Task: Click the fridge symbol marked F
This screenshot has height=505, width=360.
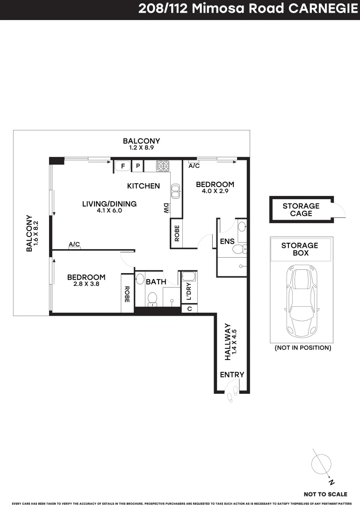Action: [x=123, y=166]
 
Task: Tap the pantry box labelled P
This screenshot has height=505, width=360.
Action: [x=138, y=166]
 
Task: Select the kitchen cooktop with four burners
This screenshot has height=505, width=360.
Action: [x=162, y=165]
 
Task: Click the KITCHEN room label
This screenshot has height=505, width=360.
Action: [x=144, y=186]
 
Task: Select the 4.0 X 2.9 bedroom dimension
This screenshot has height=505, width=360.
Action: [x=215, y=192]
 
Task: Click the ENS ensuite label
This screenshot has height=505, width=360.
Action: [x=227, y=242]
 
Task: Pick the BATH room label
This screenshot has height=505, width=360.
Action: [x=156, y=282]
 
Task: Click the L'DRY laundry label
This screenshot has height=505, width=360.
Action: [x=188, y=291]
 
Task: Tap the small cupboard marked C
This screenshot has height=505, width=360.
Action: [x=189, y=309]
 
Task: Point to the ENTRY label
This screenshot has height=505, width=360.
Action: [x=232, y=375]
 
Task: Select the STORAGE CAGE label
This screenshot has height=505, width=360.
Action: [x=301, y=209]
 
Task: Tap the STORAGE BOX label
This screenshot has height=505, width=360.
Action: [x=300, y=249]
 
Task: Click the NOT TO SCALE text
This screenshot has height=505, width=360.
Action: [x=325, y=494]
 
